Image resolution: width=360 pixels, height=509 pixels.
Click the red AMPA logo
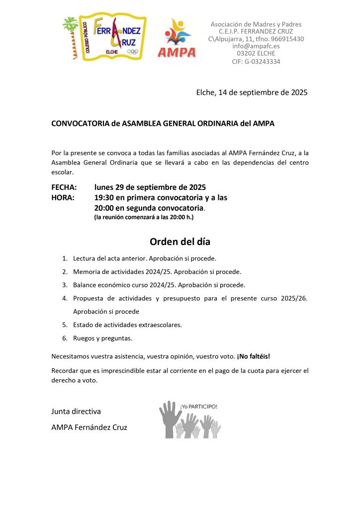coord(177,39)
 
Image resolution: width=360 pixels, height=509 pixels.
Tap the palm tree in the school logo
coord(72,37)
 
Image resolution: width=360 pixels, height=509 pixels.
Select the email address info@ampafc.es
coord(256,46)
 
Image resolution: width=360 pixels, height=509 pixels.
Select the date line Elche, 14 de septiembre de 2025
coord(252,92)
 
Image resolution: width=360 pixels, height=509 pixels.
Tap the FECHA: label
coord(64,187)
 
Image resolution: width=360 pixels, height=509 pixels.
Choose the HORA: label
coord(63,197)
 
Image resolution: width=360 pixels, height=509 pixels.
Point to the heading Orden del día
coord(180,242)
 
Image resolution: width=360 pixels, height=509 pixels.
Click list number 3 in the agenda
coord(65,285)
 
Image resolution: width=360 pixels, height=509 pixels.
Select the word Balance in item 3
coord(85,285)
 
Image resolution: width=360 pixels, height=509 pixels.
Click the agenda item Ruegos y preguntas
coord(102,338)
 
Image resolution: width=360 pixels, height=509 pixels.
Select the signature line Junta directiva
coord(76,412)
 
